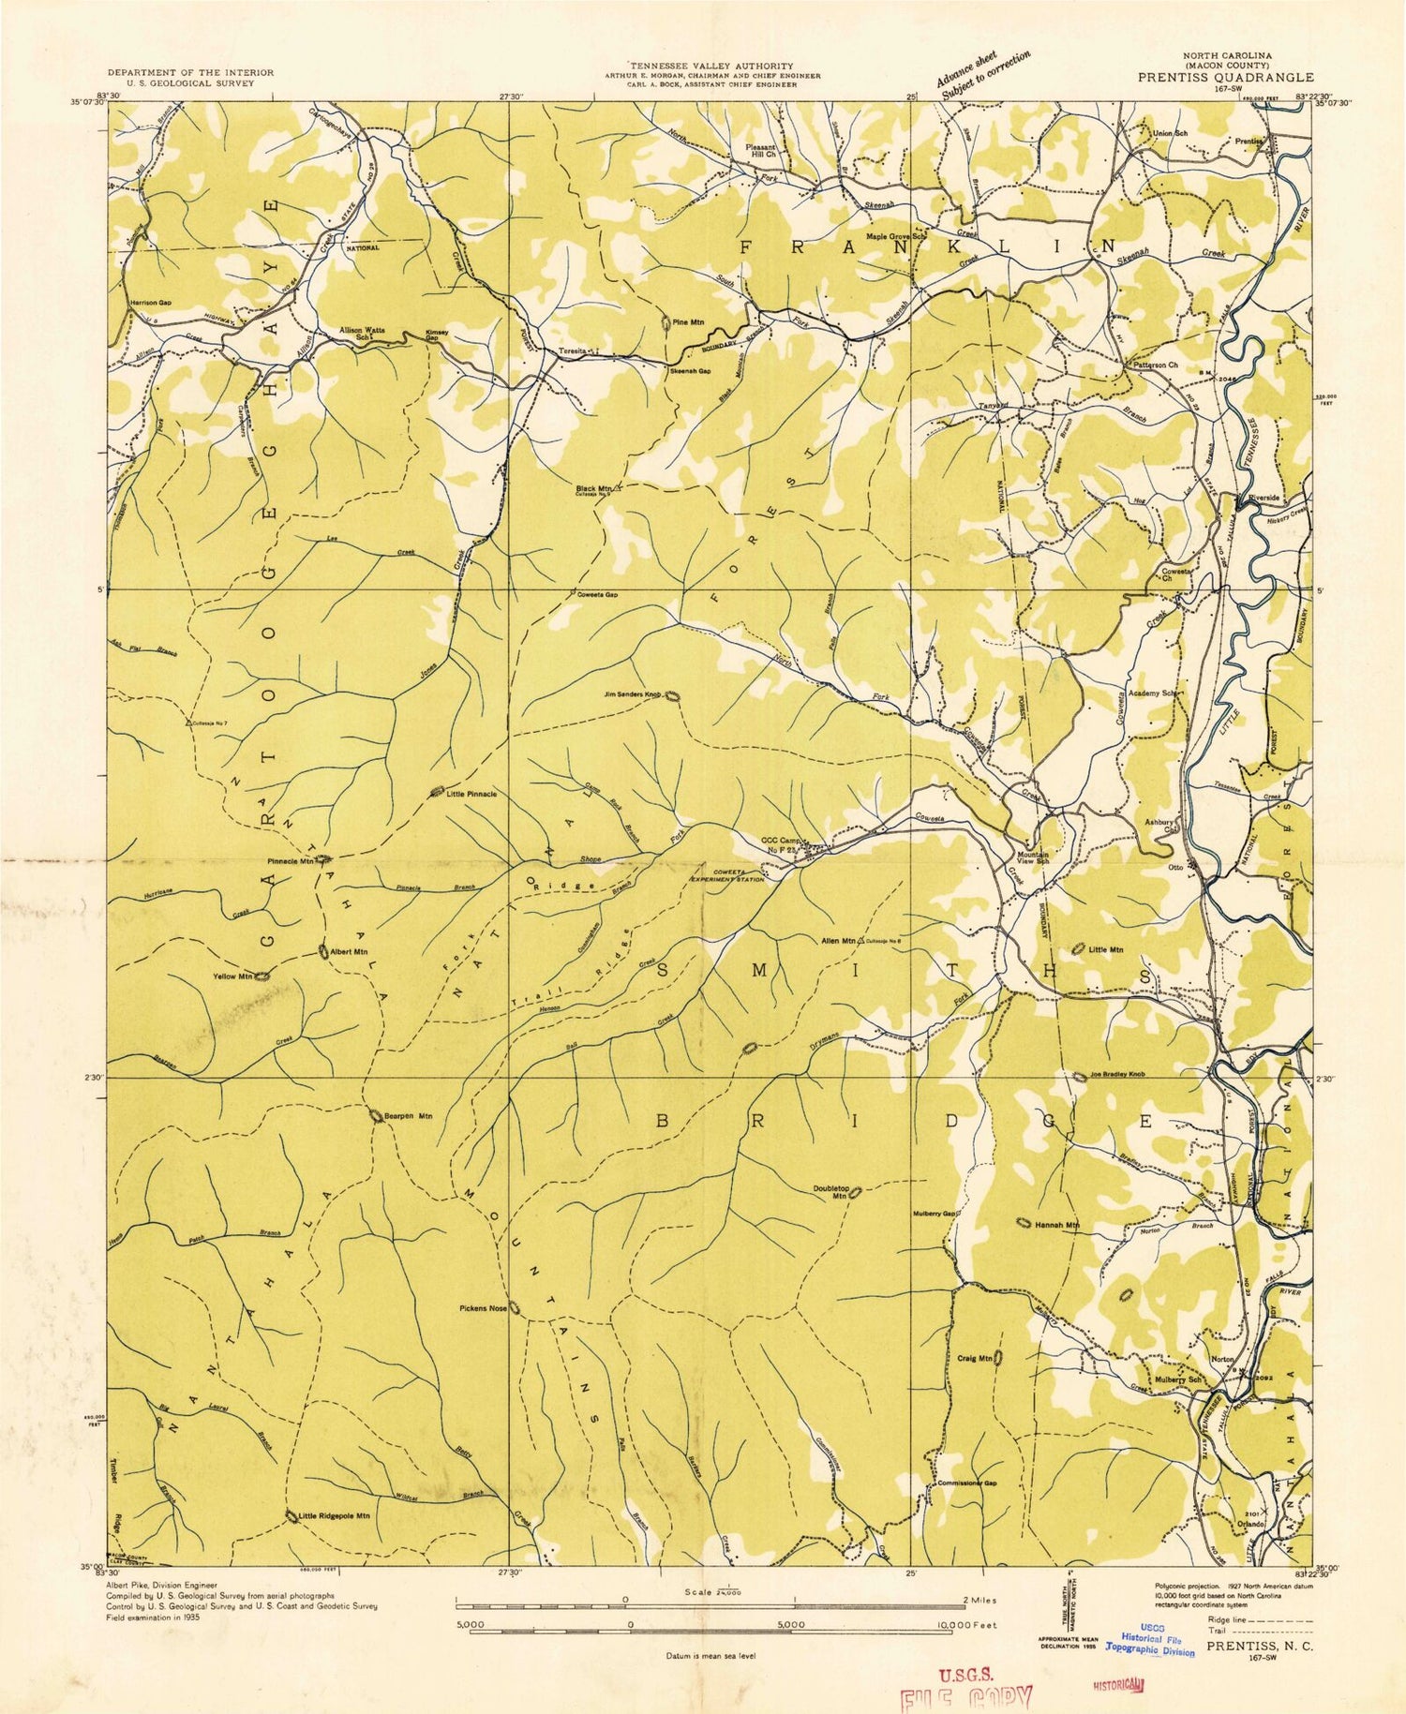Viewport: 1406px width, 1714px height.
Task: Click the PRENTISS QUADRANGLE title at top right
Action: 1225,78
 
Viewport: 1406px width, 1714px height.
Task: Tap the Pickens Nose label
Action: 483,1309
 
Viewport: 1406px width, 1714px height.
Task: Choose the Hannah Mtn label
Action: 1062,1225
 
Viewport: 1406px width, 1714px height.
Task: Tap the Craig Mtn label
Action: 974,1358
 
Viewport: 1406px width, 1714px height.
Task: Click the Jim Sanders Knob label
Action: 633,695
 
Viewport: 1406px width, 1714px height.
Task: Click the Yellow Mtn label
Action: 233,976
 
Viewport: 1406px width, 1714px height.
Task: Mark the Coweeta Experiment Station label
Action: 727,875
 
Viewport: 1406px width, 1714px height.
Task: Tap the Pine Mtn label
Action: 688,322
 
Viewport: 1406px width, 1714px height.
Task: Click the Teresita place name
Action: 573,350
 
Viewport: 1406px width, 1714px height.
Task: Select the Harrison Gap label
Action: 151,304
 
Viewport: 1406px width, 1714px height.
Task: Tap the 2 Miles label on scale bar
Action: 978,1601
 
